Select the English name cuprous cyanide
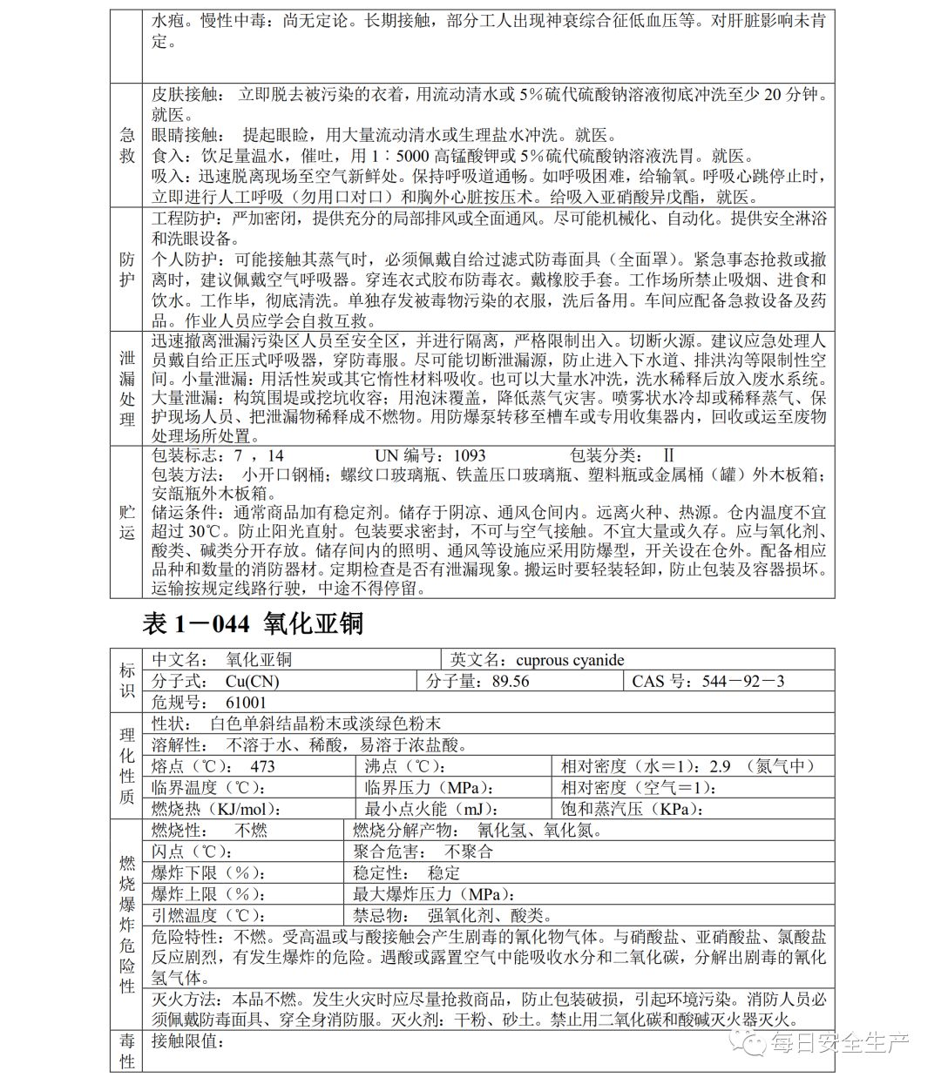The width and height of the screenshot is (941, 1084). pyautogui.click(x=570, y=660)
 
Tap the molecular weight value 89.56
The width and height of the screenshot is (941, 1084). pyautogui.click(x=510, y=681)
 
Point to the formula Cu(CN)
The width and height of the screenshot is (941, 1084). pyautogui.click(x=252, y=681)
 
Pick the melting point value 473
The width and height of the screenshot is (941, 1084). pyautogui.click(x=261, y=766)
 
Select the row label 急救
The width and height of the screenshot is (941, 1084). pyautogui.click(x=127, y=145)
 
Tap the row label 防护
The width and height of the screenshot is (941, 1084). pyautogui.click(x=127, y=269)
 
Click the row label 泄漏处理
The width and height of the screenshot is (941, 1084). pyautogui.click(x=127, y=388)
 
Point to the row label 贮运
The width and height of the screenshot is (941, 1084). pyautogui.click(x=127, y=522)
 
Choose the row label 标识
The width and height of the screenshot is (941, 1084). pyautogui.click(x=127, y=680)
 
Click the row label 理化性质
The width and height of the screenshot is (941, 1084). pyautogui.click(x=127, y=766)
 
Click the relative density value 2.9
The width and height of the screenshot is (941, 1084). pyautogui.click(x=721, y=766)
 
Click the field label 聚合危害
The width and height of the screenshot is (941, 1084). pyautogui.click(x=390, y=852)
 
